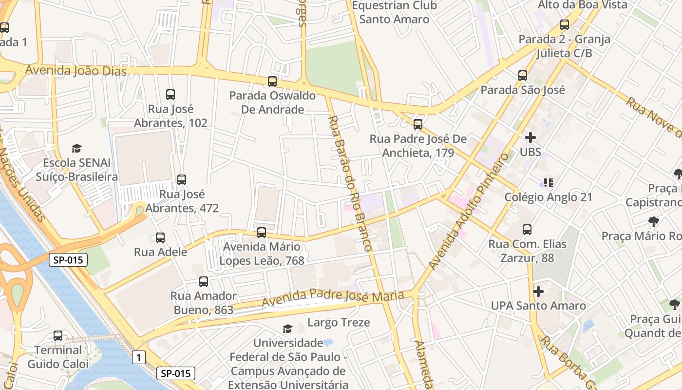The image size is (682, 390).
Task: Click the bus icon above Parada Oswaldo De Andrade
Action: coord(272,81)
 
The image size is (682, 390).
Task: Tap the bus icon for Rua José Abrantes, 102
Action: coord(170,95)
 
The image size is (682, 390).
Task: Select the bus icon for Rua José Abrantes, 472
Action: coord(182,180)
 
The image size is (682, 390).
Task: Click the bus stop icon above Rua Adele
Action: coord(160,238)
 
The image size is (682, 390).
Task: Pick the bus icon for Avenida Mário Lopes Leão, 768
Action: coord(262,233)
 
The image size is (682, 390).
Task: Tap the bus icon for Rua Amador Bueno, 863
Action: coord(204,282)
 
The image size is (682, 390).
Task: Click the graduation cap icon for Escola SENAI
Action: coord(76,148)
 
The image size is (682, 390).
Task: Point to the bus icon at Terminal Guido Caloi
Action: coord(58,336)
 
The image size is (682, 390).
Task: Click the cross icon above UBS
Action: coord(530,137)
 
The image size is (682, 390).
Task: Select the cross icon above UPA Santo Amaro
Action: coord(538,292)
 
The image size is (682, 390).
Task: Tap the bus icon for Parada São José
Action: coord(523,76)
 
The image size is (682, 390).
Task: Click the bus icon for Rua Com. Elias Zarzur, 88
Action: coord(527,229)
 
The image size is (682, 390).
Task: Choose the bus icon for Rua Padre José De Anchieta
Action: coord(417,124)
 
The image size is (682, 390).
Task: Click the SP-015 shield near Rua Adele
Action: coord(68,260)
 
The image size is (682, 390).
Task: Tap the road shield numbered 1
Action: coord(139,358)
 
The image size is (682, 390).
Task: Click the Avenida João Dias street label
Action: coord(76,71)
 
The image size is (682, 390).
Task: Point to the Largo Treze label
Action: coord(339,322)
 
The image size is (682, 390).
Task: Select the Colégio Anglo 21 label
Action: coord(548,197)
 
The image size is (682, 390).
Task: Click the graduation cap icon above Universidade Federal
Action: coord(287,329)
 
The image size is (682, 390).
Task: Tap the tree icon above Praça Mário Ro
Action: coord(654,222)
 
